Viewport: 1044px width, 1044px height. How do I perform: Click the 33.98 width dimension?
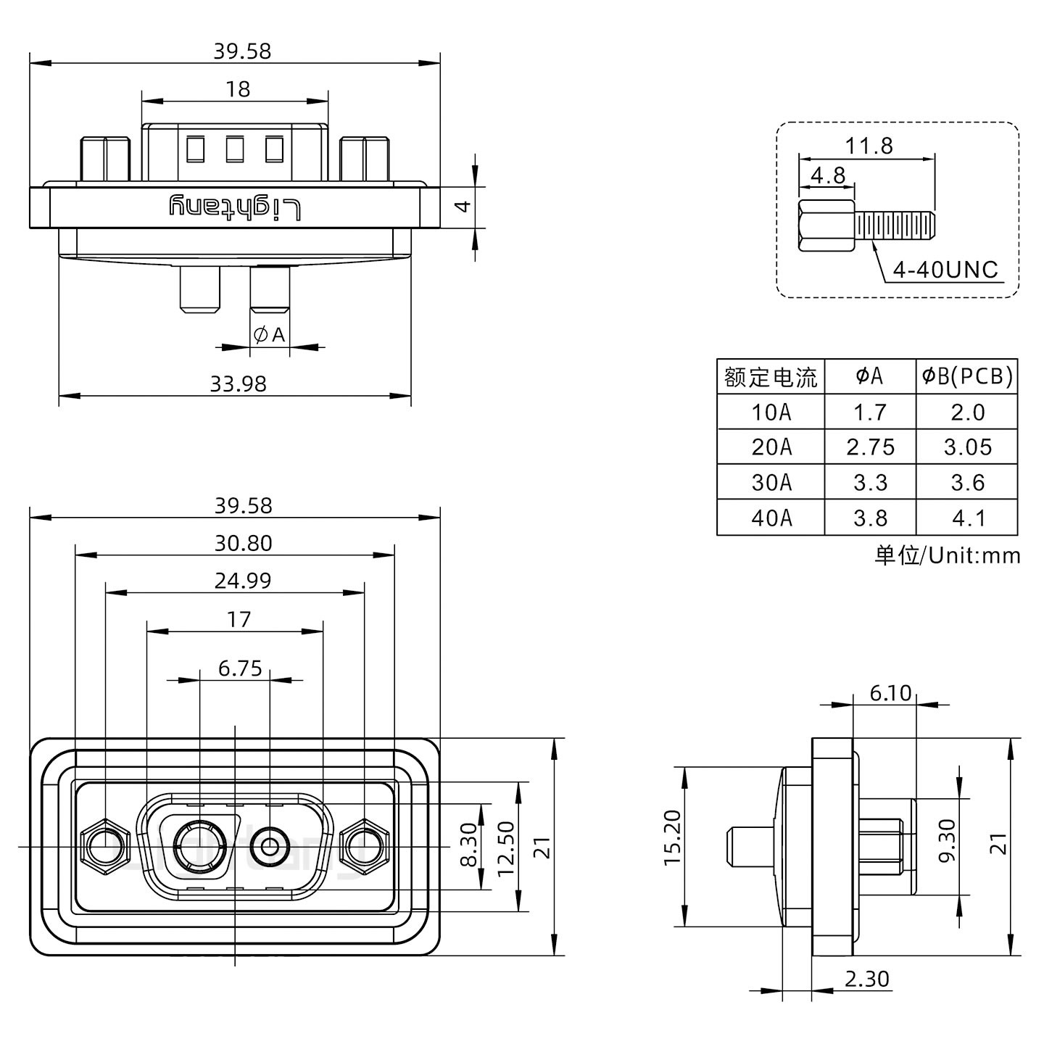point(238,383)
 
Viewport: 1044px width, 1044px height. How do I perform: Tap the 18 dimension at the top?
point(238,88)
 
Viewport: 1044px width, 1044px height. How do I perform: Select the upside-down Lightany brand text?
point(234,207)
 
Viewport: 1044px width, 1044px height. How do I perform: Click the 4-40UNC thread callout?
point(945,270)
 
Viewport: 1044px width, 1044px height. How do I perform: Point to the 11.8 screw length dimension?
point(868,146)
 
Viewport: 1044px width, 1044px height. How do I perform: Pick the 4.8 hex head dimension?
point(827,175)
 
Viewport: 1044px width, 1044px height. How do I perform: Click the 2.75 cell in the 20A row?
point(870,447)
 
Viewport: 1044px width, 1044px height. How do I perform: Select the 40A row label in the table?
point(771,518)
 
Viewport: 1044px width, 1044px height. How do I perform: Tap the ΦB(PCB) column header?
point(967,376)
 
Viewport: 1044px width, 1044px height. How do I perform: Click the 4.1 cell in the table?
point(967,518)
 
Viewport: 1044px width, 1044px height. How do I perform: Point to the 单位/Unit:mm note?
point(947,555)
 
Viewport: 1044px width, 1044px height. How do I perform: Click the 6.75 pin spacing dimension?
point(240,668)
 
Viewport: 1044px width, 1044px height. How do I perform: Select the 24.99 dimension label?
point(242,581)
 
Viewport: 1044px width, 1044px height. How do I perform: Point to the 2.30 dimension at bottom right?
point(866,979)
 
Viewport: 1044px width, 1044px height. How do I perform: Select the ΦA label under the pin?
point(270,335)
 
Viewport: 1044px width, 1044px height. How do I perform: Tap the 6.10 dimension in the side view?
point(890,693)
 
